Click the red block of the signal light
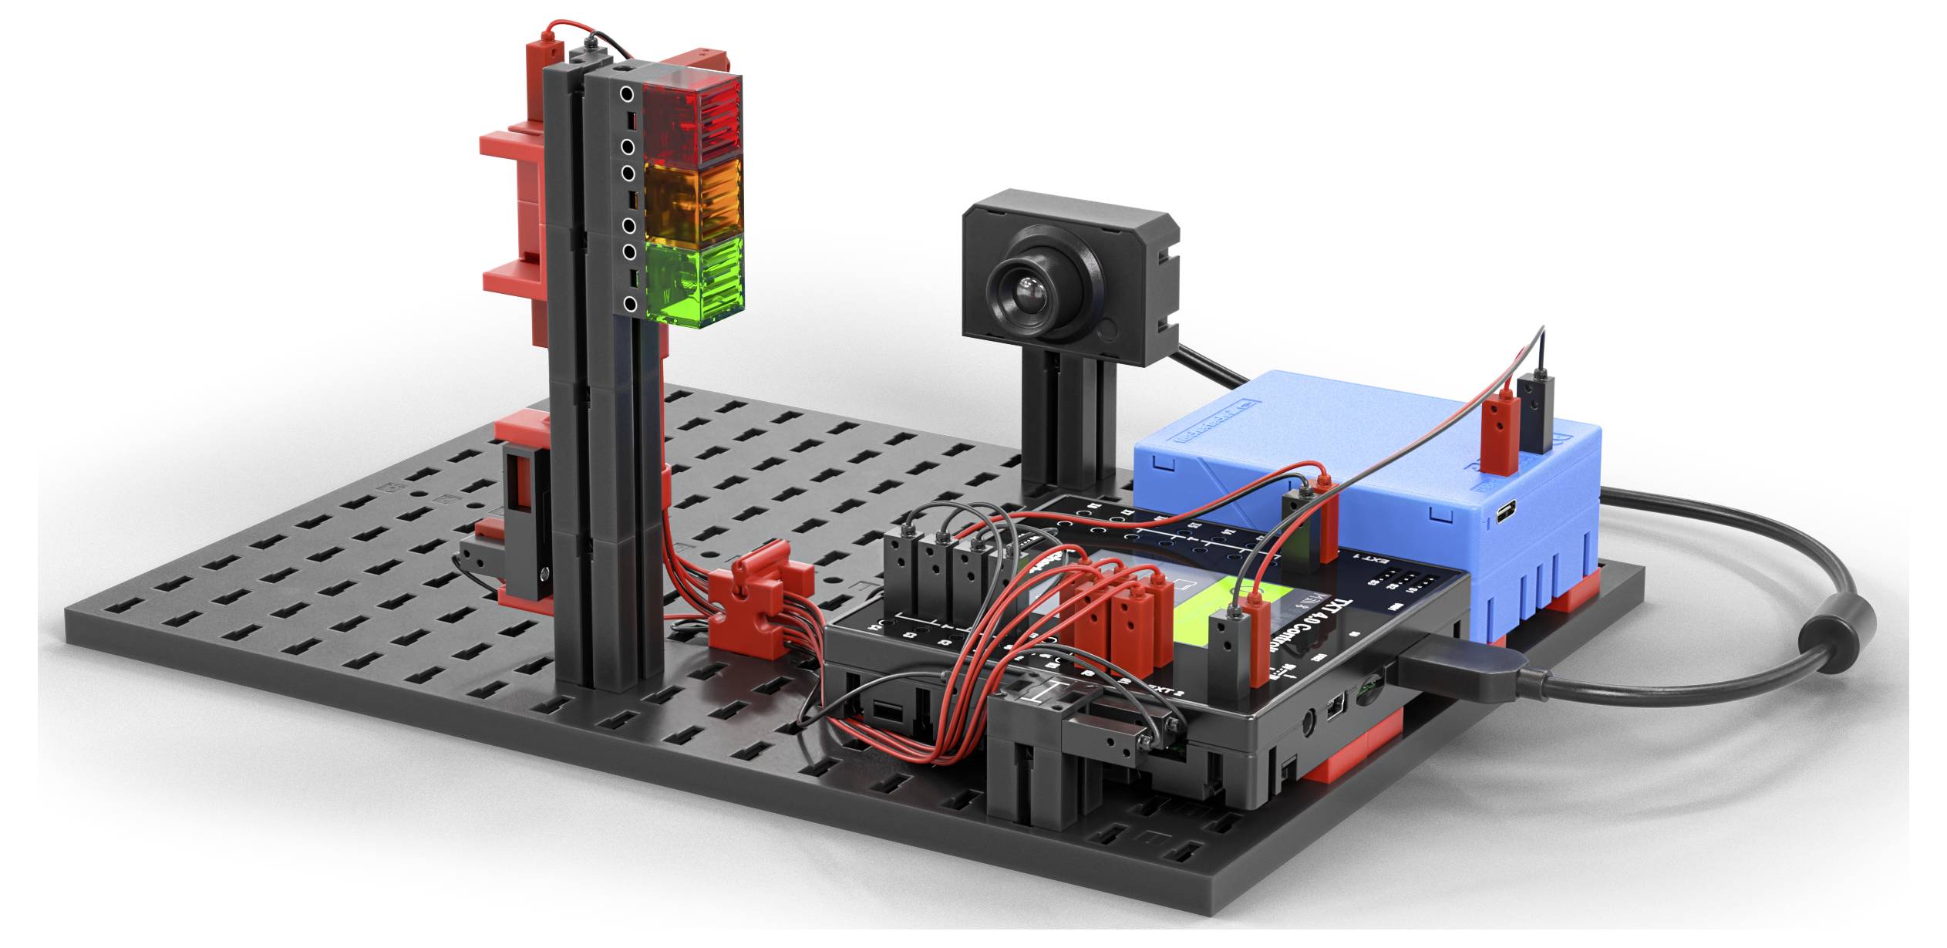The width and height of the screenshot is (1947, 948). point(692,120)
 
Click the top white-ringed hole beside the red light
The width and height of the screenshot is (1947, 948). point(628,95)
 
